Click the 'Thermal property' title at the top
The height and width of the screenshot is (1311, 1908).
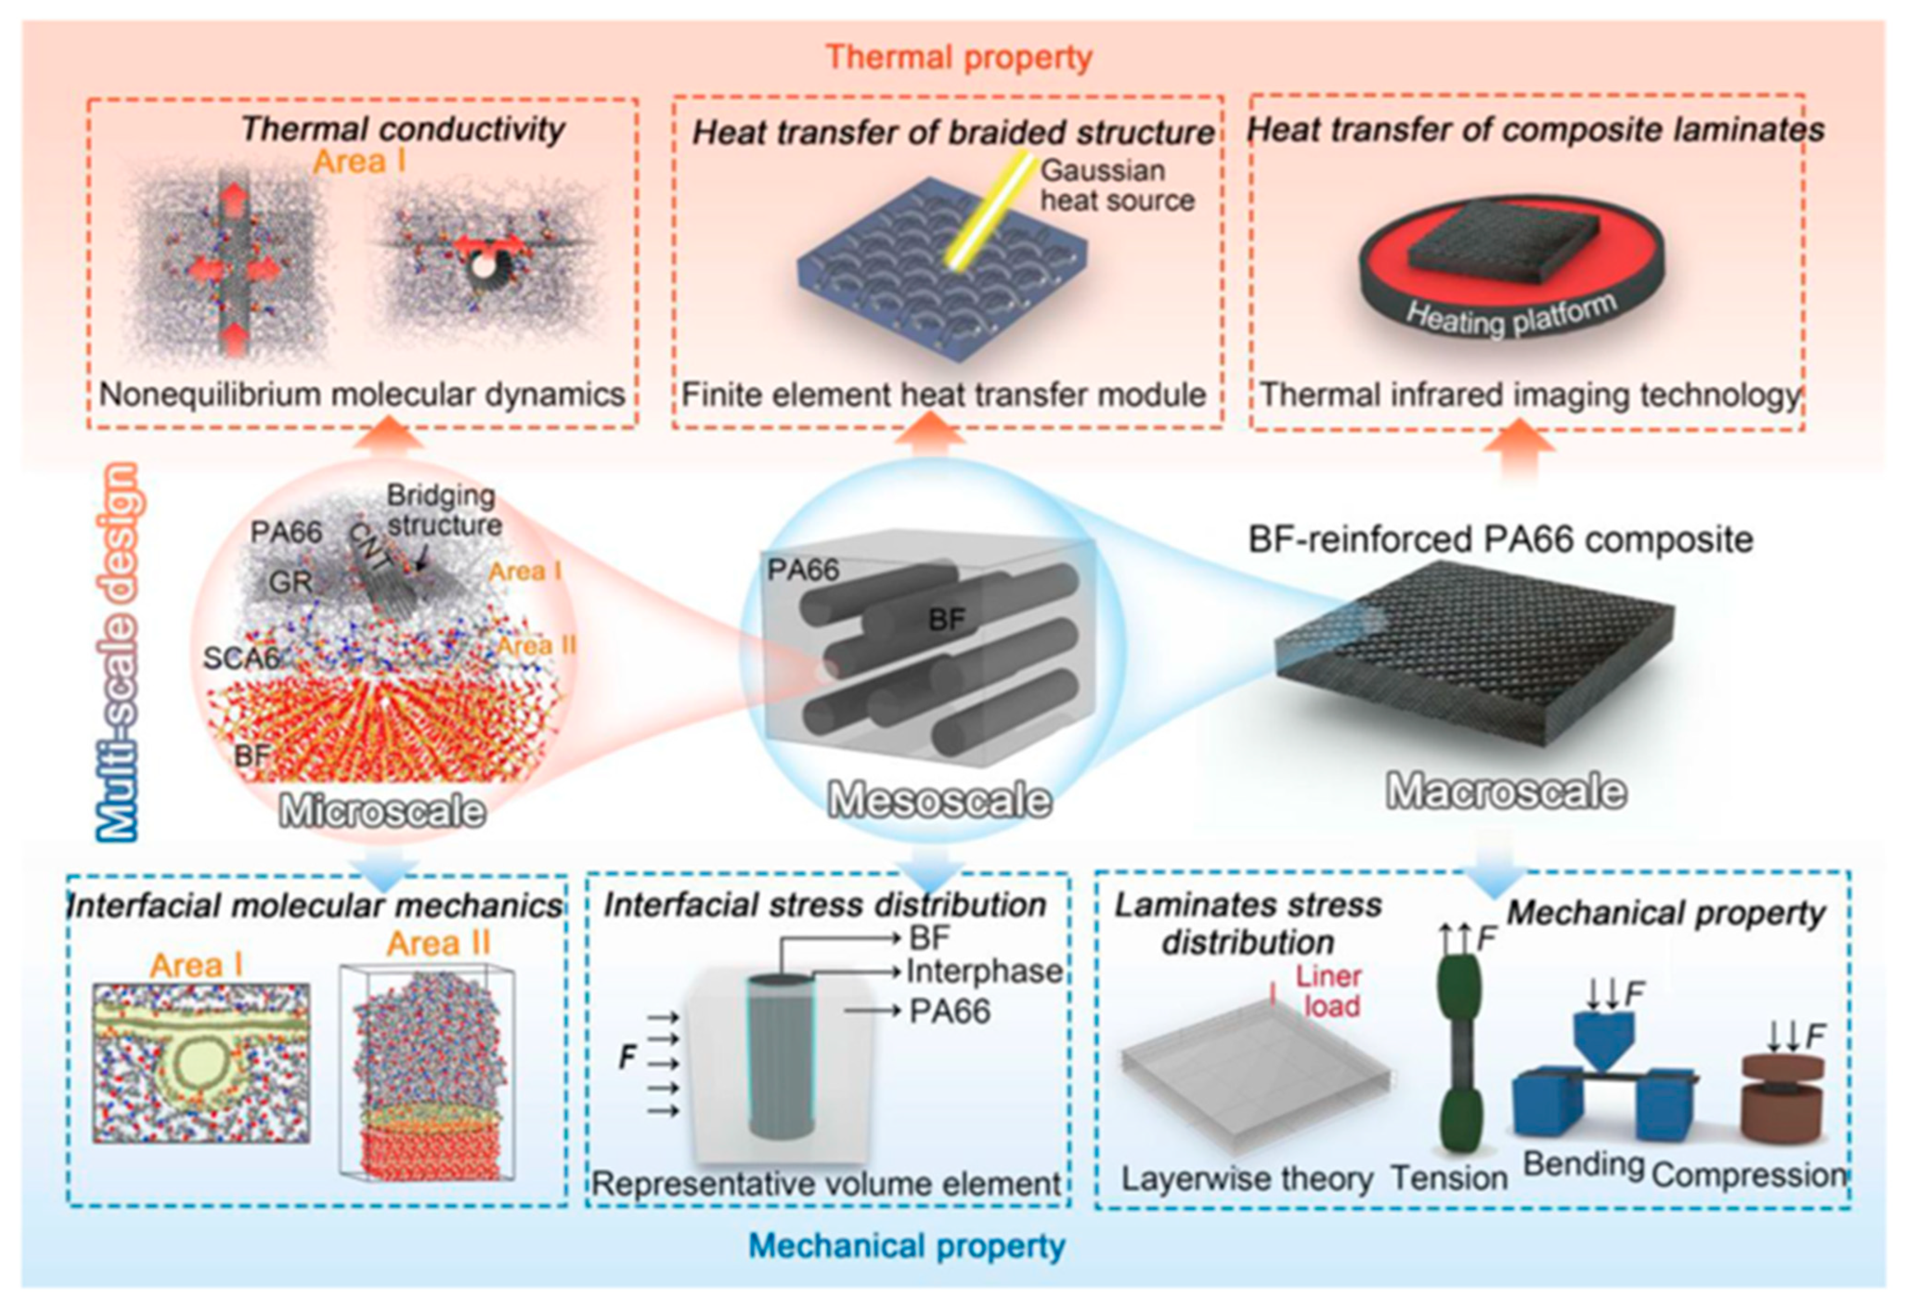(x=959, y=57)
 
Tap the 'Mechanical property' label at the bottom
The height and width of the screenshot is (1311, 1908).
(x=907, y=1246)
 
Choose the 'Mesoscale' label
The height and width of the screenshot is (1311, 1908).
(x=939, y=800)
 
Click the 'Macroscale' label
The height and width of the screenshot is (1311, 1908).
(x=1506, y=792)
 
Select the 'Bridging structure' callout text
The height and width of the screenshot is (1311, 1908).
(x=443, y=510)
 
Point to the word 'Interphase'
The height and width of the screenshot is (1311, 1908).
(x=984, y=972)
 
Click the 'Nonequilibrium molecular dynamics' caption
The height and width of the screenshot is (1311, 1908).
(x=362, y=395)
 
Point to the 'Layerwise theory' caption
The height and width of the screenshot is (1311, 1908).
(x=1247, y=1179)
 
